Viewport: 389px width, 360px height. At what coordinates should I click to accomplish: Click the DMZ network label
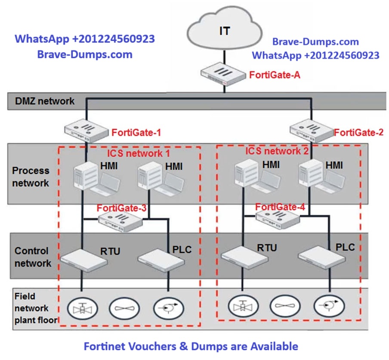pyautogui.click(x=45, y=102)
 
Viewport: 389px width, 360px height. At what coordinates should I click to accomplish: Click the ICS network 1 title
pyautogui.click(x=139, y=153)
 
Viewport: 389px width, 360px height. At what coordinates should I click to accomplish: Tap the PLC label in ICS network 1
pyautogui.click(x=182, y=249)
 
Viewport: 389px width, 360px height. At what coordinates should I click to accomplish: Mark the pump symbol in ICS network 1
pyautogui.click(x=168, y=308)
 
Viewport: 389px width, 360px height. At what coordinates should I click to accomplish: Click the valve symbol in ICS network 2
pyautogui.click(x=243, y=306)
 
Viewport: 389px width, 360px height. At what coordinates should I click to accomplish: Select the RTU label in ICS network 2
pyautogui.click(x=267, y=247)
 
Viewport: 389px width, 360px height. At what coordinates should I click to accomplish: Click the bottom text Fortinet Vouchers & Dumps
pyautogui.click(x=190, y=346)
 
